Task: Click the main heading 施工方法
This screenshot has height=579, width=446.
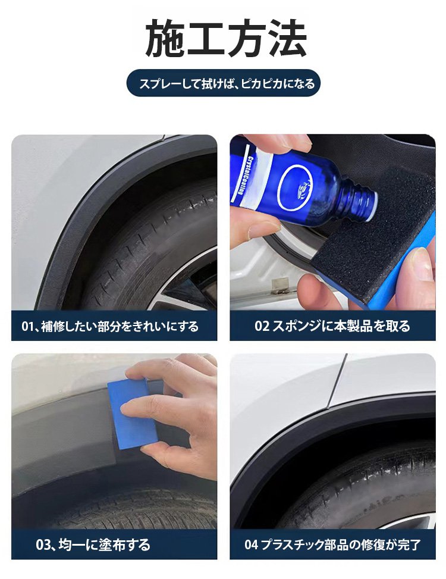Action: point(225,38)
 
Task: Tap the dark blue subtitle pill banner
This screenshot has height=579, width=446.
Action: point(223,83)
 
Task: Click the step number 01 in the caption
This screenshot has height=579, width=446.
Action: point(27,327)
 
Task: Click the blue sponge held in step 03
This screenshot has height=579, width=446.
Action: point(133,414)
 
